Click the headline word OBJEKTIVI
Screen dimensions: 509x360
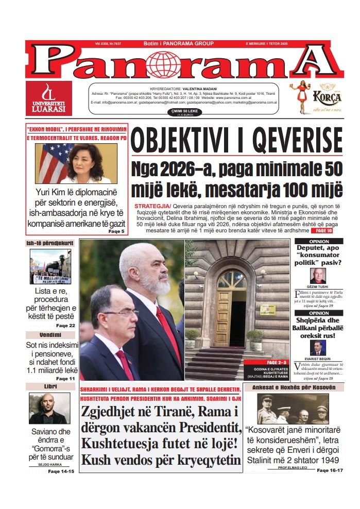[182, 141]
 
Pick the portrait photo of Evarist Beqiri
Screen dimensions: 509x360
[317, 348]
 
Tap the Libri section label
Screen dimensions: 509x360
[50, 386]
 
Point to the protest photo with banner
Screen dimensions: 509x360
[50, 267]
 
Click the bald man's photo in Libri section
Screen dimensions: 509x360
[50, 409]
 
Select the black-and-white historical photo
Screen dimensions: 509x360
[293, 410]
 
